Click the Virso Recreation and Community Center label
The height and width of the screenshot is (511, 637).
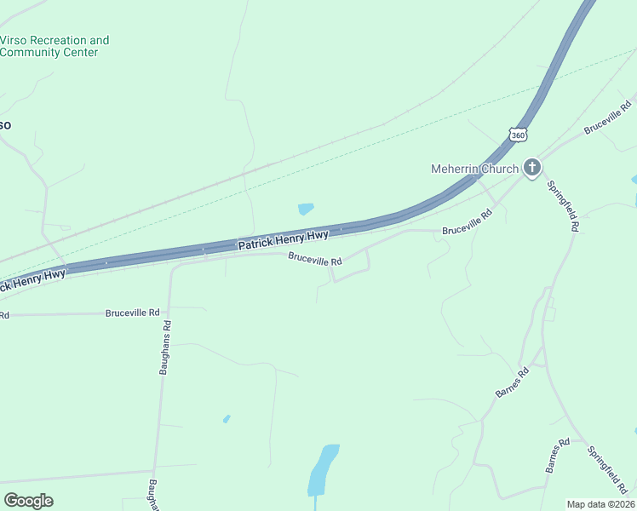point(55,46)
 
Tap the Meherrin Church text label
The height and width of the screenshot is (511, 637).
point(473,169)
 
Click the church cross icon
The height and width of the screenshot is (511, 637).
point(532,167)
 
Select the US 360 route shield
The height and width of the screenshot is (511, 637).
point(519,135)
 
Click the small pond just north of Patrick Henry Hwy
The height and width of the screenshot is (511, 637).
point(306,209)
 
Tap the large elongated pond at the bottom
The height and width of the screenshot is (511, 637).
point(321,470)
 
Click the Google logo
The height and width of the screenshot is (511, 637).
point(28,501)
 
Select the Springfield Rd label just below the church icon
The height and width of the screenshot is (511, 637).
point(563,206)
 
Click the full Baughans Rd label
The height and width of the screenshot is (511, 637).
point(164,347)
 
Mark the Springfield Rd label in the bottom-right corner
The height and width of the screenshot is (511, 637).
point(607,468)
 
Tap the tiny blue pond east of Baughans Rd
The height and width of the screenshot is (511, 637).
point(227,418)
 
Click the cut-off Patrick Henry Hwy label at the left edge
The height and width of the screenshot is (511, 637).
point(32,279)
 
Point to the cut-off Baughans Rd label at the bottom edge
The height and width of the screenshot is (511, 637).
point(154,495)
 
